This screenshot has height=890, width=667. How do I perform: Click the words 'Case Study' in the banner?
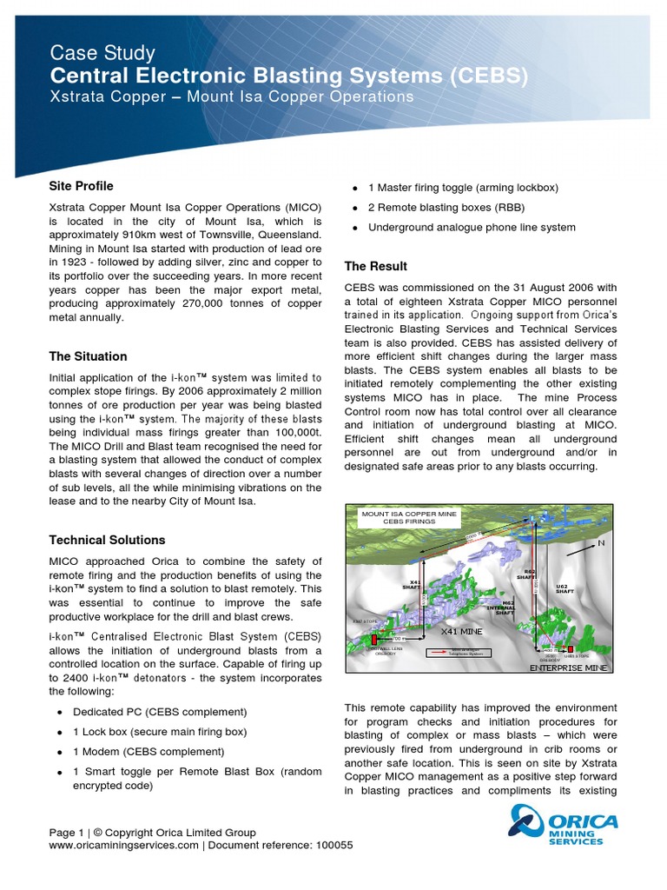(102, 53)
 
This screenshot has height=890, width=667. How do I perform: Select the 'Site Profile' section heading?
(81, 186)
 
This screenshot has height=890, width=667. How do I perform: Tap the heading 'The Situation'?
(88, 356)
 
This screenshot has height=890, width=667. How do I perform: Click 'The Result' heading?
(375, 266)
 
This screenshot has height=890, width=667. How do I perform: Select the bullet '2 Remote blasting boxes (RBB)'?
(446, 208)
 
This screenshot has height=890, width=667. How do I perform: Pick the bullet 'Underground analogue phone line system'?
(472, 228)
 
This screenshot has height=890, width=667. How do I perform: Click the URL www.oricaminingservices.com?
(123, 845)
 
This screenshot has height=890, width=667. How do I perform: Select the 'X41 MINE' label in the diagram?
(460, 631)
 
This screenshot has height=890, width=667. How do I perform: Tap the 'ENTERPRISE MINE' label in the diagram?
(569, 667)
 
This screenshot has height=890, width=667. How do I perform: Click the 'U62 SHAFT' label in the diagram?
(565, 590)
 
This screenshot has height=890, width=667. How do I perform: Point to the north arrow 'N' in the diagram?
(599, 543)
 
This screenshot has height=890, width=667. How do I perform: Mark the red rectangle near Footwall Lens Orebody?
(375, 640)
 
